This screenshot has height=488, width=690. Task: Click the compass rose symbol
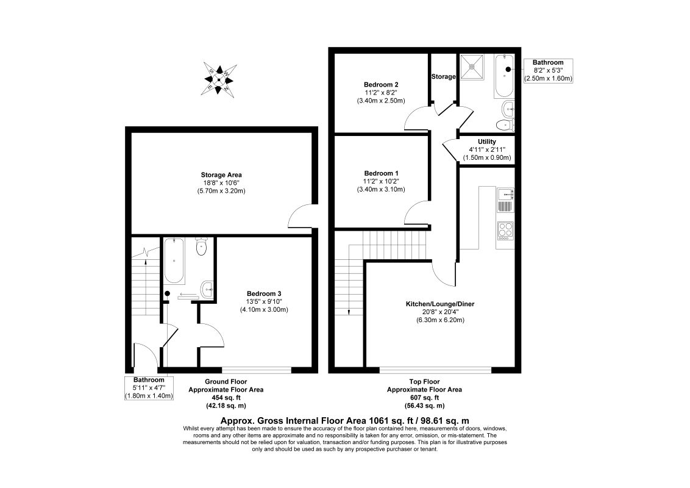tap(218, 79)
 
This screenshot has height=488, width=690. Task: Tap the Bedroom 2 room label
tap(381, 84)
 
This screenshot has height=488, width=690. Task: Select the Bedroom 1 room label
tap(381, 173)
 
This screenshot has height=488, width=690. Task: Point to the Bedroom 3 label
tap(264, 293)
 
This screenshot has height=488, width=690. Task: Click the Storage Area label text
tap(224, 175)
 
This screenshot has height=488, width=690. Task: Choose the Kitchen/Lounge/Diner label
tap(440, 304)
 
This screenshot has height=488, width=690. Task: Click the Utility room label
tap(487, 142)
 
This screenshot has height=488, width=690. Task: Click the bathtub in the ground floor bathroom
tap(174, 262)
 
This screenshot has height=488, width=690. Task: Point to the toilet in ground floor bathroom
tap(202, 248)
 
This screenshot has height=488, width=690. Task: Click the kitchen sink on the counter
tap(505, 195)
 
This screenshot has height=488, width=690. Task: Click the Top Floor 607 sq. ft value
tap(424, 397)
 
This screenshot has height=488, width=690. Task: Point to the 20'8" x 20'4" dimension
tap(440, 312)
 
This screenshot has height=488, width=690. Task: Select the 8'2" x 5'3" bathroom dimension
tap(548, 70)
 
